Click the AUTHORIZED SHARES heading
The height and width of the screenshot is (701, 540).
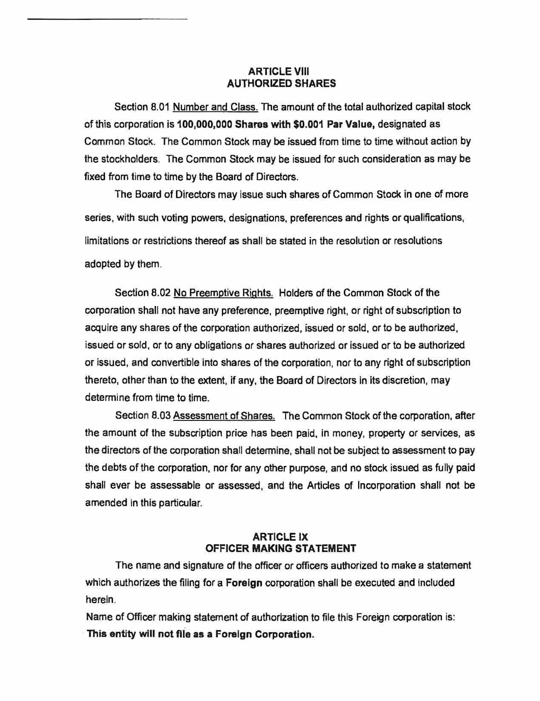281,83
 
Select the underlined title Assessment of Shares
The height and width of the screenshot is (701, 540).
224,415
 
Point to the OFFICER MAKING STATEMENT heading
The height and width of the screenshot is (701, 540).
281,548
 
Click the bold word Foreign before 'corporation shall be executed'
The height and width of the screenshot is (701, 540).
244,582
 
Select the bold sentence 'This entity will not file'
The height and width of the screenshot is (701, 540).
200,634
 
